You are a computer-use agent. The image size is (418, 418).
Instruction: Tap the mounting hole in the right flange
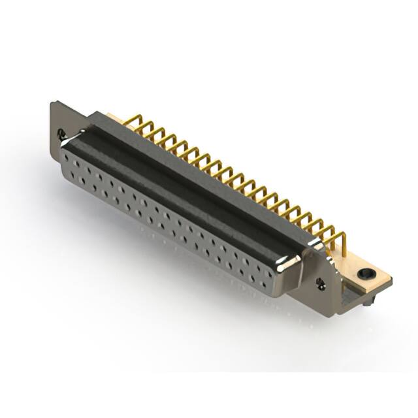pyautogui.click(x=321, y=283)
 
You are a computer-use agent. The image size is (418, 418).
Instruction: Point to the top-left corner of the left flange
pyautogui.click(x=52, y=103)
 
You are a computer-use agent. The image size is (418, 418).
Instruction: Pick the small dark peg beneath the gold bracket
pyautogui.click(x=370, y=302)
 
